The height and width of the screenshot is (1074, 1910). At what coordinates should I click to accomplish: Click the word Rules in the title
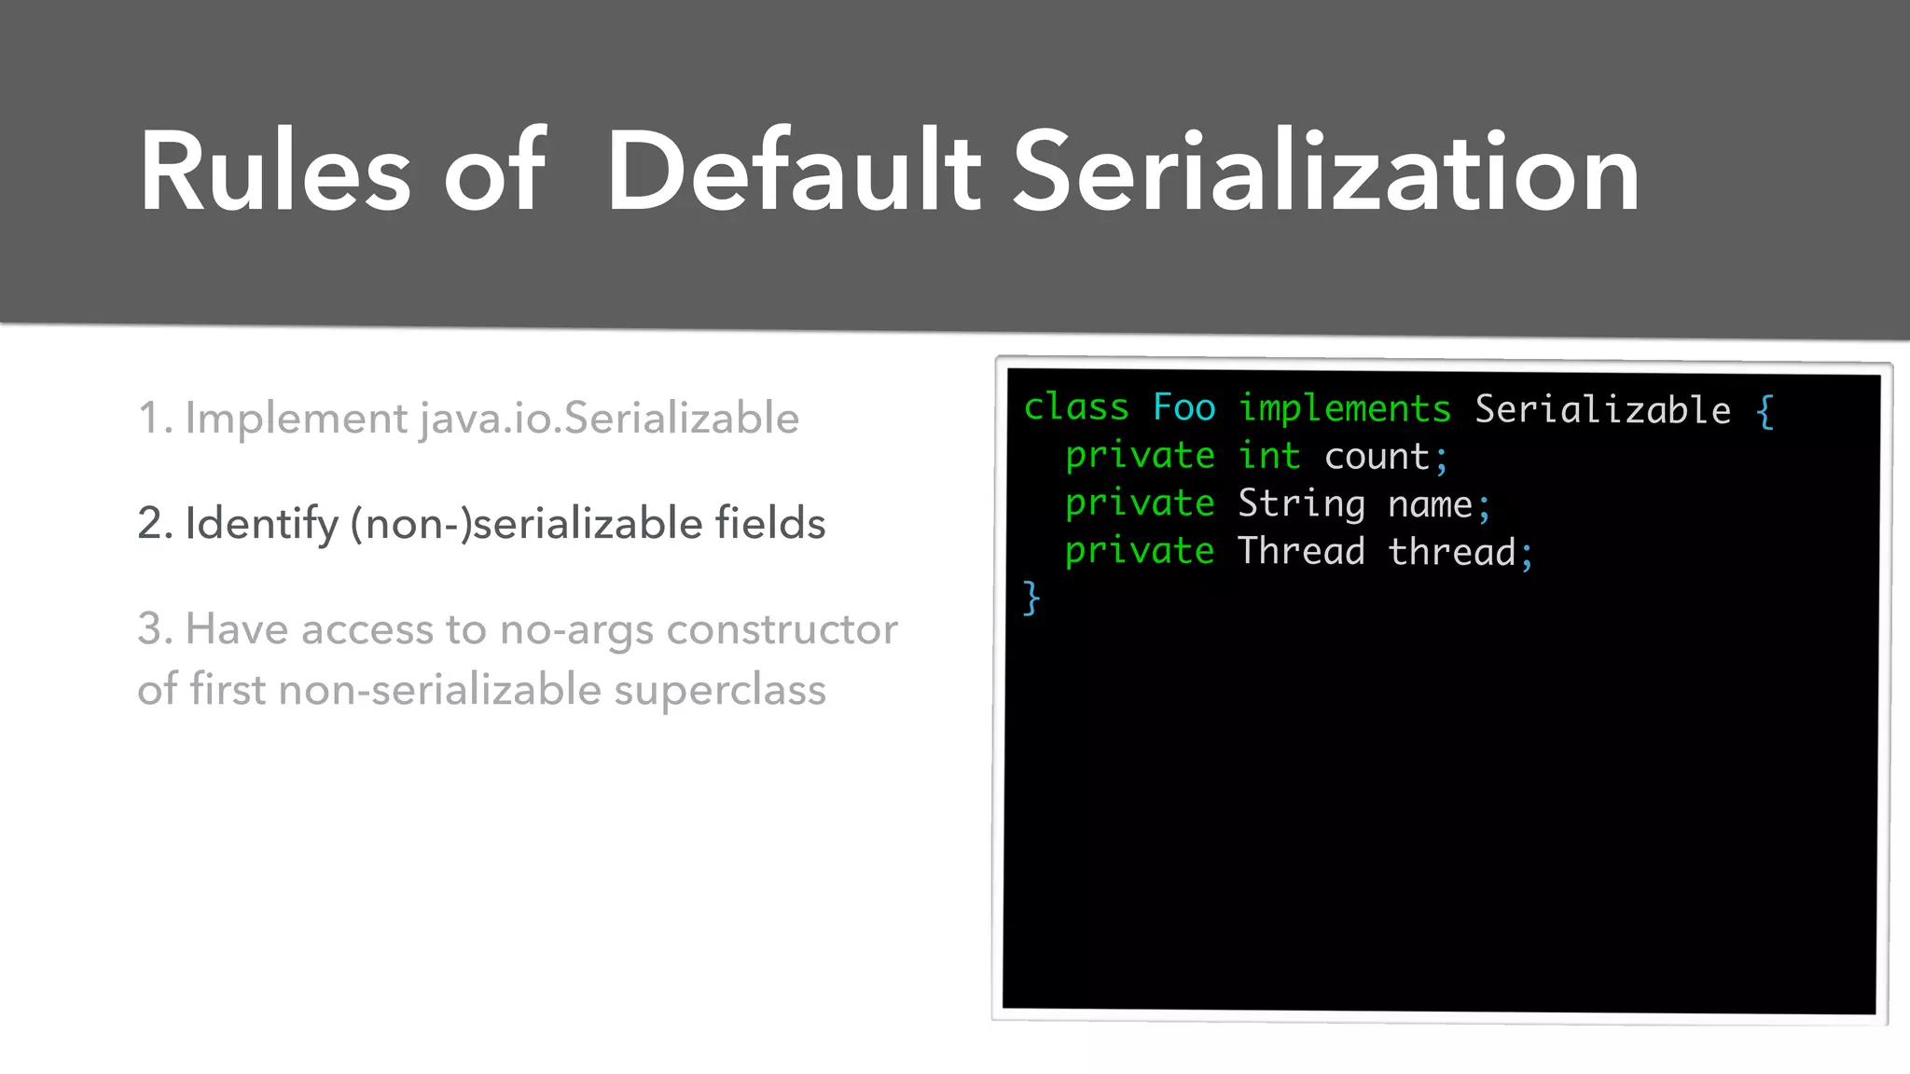point(275,172)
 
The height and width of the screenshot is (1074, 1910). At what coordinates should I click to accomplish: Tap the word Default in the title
point(794,172)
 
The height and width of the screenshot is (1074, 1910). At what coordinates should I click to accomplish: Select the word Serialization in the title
point(1325,172)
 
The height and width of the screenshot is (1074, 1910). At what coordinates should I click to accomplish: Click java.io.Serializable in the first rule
point(609,419)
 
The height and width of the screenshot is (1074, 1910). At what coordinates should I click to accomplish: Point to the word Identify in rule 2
point(261,524)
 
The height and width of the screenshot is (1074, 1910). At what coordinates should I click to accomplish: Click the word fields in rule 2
point(769,523)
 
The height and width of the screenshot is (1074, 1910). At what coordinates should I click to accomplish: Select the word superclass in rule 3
point(719,691)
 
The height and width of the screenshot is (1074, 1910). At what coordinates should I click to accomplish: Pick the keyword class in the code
point(1076,408)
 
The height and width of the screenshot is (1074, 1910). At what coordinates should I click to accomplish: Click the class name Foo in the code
point(1183,408)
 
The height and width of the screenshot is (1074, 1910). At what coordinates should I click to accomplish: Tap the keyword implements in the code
point(1344,409)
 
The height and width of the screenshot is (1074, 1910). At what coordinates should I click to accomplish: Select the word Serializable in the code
point(1602,410)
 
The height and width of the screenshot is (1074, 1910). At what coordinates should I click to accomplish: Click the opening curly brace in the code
point(1765,411)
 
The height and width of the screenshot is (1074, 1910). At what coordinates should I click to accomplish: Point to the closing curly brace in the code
point(1031,598)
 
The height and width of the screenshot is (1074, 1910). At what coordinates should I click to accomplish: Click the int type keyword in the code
point(1268,456)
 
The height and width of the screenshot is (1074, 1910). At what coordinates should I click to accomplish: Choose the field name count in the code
point(1377,457)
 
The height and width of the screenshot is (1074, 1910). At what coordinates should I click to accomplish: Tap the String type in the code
point(1301,504)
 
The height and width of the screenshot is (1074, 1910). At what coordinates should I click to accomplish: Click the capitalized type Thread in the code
point(1301,551)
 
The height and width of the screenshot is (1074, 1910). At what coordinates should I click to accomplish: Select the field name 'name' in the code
point(1430,504)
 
